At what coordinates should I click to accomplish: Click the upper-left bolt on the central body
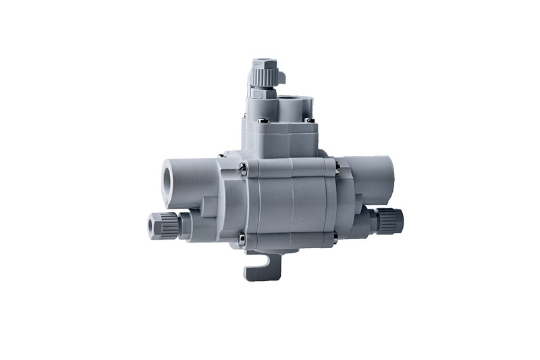[242, 164]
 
